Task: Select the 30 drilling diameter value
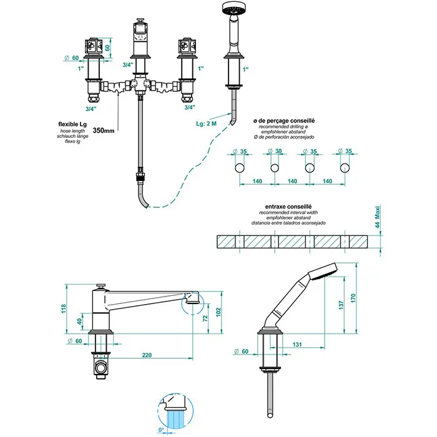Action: point(278,150)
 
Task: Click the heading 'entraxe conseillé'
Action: point(288,205)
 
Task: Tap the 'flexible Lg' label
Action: point(72,124)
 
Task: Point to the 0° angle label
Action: point(162,430)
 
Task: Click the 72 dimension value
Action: point(206,320)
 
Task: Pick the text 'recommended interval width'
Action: point(288,212)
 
